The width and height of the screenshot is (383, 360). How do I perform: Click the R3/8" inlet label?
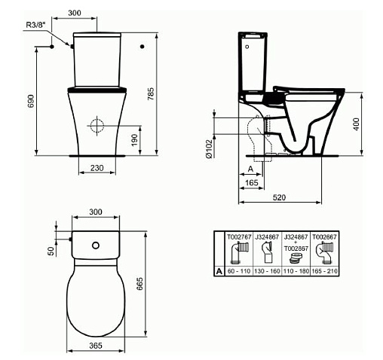point(35,25)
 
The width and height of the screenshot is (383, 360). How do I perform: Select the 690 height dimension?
point(31,101)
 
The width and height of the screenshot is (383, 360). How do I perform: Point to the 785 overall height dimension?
point(151,94)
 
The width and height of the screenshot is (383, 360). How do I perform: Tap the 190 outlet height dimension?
point(135,140)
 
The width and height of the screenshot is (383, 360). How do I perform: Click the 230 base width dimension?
point(97,168)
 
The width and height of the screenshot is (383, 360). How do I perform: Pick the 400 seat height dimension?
point(357,124)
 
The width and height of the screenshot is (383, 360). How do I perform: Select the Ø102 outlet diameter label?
point(209,148)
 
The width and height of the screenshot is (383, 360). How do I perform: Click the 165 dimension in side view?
point(252,182)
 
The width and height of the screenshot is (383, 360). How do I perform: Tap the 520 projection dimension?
point(279,197)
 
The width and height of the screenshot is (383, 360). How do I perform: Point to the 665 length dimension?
point(139,284)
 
